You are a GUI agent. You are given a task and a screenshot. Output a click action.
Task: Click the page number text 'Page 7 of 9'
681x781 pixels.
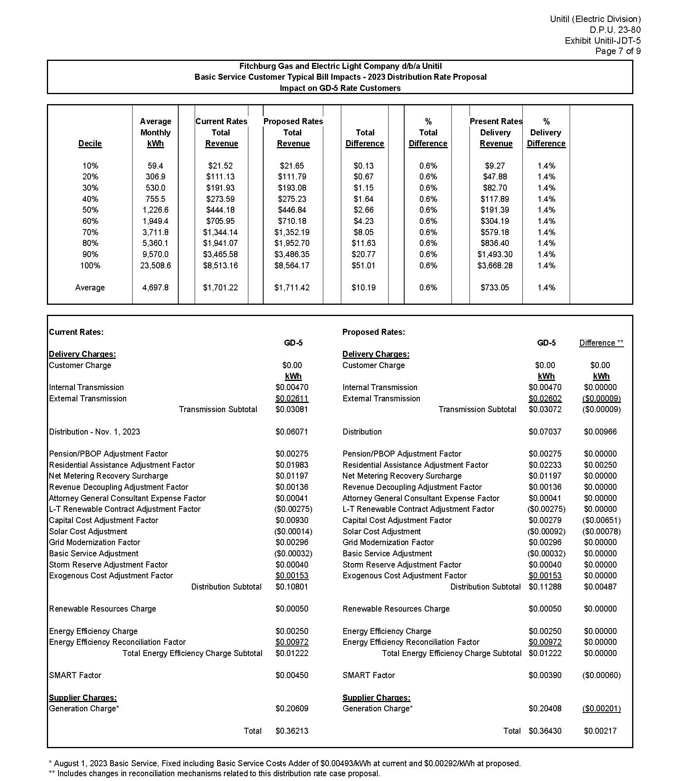(618, 51)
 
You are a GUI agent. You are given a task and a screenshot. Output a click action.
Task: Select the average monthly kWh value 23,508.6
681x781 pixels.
(155, 265)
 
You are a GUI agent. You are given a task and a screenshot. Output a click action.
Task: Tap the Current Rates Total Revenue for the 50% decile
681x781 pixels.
(220, 210)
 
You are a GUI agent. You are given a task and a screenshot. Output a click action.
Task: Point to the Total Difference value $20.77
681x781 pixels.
(363, 254)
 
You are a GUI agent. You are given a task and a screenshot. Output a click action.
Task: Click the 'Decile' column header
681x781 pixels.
(90, 143)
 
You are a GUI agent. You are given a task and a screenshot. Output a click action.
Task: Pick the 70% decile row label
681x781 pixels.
(90, 232)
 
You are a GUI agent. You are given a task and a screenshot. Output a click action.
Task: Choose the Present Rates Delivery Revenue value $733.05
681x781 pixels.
(495, 288)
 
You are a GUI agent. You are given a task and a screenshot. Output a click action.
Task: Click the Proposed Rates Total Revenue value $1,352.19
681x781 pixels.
(292, 232)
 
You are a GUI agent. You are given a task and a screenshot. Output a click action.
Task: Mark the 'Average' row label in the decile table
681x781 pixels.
(90, 288)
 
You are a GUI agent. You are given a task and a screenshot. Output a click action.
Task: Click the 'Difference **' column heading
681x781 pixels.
(601, 343)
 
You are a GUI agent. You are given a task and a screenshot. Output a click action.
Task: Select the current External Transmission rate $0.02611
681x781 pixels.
(292, 399)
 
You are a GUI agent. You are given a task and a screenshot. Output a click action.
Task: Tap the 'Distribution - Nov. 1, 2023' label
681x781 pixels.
(95, 432)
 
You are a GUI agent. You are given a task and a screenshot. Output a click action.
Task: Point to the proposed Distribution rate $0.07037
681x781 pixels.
(545, 432)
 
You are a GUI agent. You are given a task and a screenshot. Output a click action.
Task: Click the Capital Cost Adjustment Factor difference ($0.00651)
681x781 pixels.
(601, 520)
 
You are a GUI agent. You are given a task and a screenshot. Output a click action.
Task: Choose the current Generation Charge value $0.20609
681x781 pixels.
(292, 709)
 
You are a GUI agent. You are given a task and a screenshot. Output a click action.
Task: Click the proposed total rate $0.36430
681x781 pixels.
(545, 731)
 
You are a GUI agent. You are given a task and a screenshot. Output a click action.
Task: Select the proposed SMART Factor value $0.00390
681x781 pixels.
(545, 675)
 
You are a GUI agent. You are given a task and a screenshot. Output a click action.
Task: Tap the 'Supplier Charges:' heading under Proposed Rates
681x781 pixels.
(376, 698)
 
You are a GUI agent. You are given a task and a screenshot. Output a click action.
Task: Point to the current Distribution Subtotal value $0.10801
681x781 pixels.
(292, 587)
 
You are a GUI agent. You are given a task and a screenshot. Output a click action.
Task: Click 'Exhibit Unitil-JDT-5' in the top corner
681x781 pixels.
(602, 40)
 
